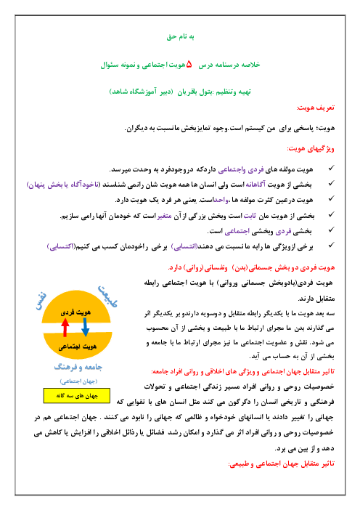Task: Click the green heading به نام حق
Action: point(180,36)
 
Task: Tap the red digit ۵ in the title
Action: point(189,65)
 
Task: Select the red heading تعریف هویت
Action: point(315,108)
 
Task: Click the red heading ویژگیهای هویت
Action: point(311,149)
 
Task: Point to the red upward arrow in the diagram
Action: point(65,327)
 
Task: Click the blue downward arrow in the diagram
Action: point(85,327)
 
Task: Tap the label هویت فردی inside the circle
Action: point(75,312)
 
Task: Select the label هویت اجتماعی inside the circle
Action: point(78,347)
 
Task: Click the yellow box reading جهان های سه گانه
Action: point(77,396)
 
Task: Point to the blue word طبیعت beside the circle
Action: point(107,296)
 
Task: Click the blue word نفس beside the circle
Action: point(41,301)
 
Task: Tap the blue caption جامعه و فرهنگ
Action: point(78,367)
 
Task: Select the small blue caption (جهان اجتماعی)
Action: point(78,381)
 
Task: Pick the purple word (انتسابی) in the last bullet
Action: point(184,247)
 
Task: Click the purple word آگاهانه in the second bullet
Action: point(255,185)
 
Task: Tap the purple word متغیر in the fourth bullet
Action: point(164,216)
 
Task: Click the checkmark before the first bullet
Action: point(331,168)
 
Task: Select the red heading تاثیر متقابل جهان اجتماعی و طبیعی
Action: point(282,464)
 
